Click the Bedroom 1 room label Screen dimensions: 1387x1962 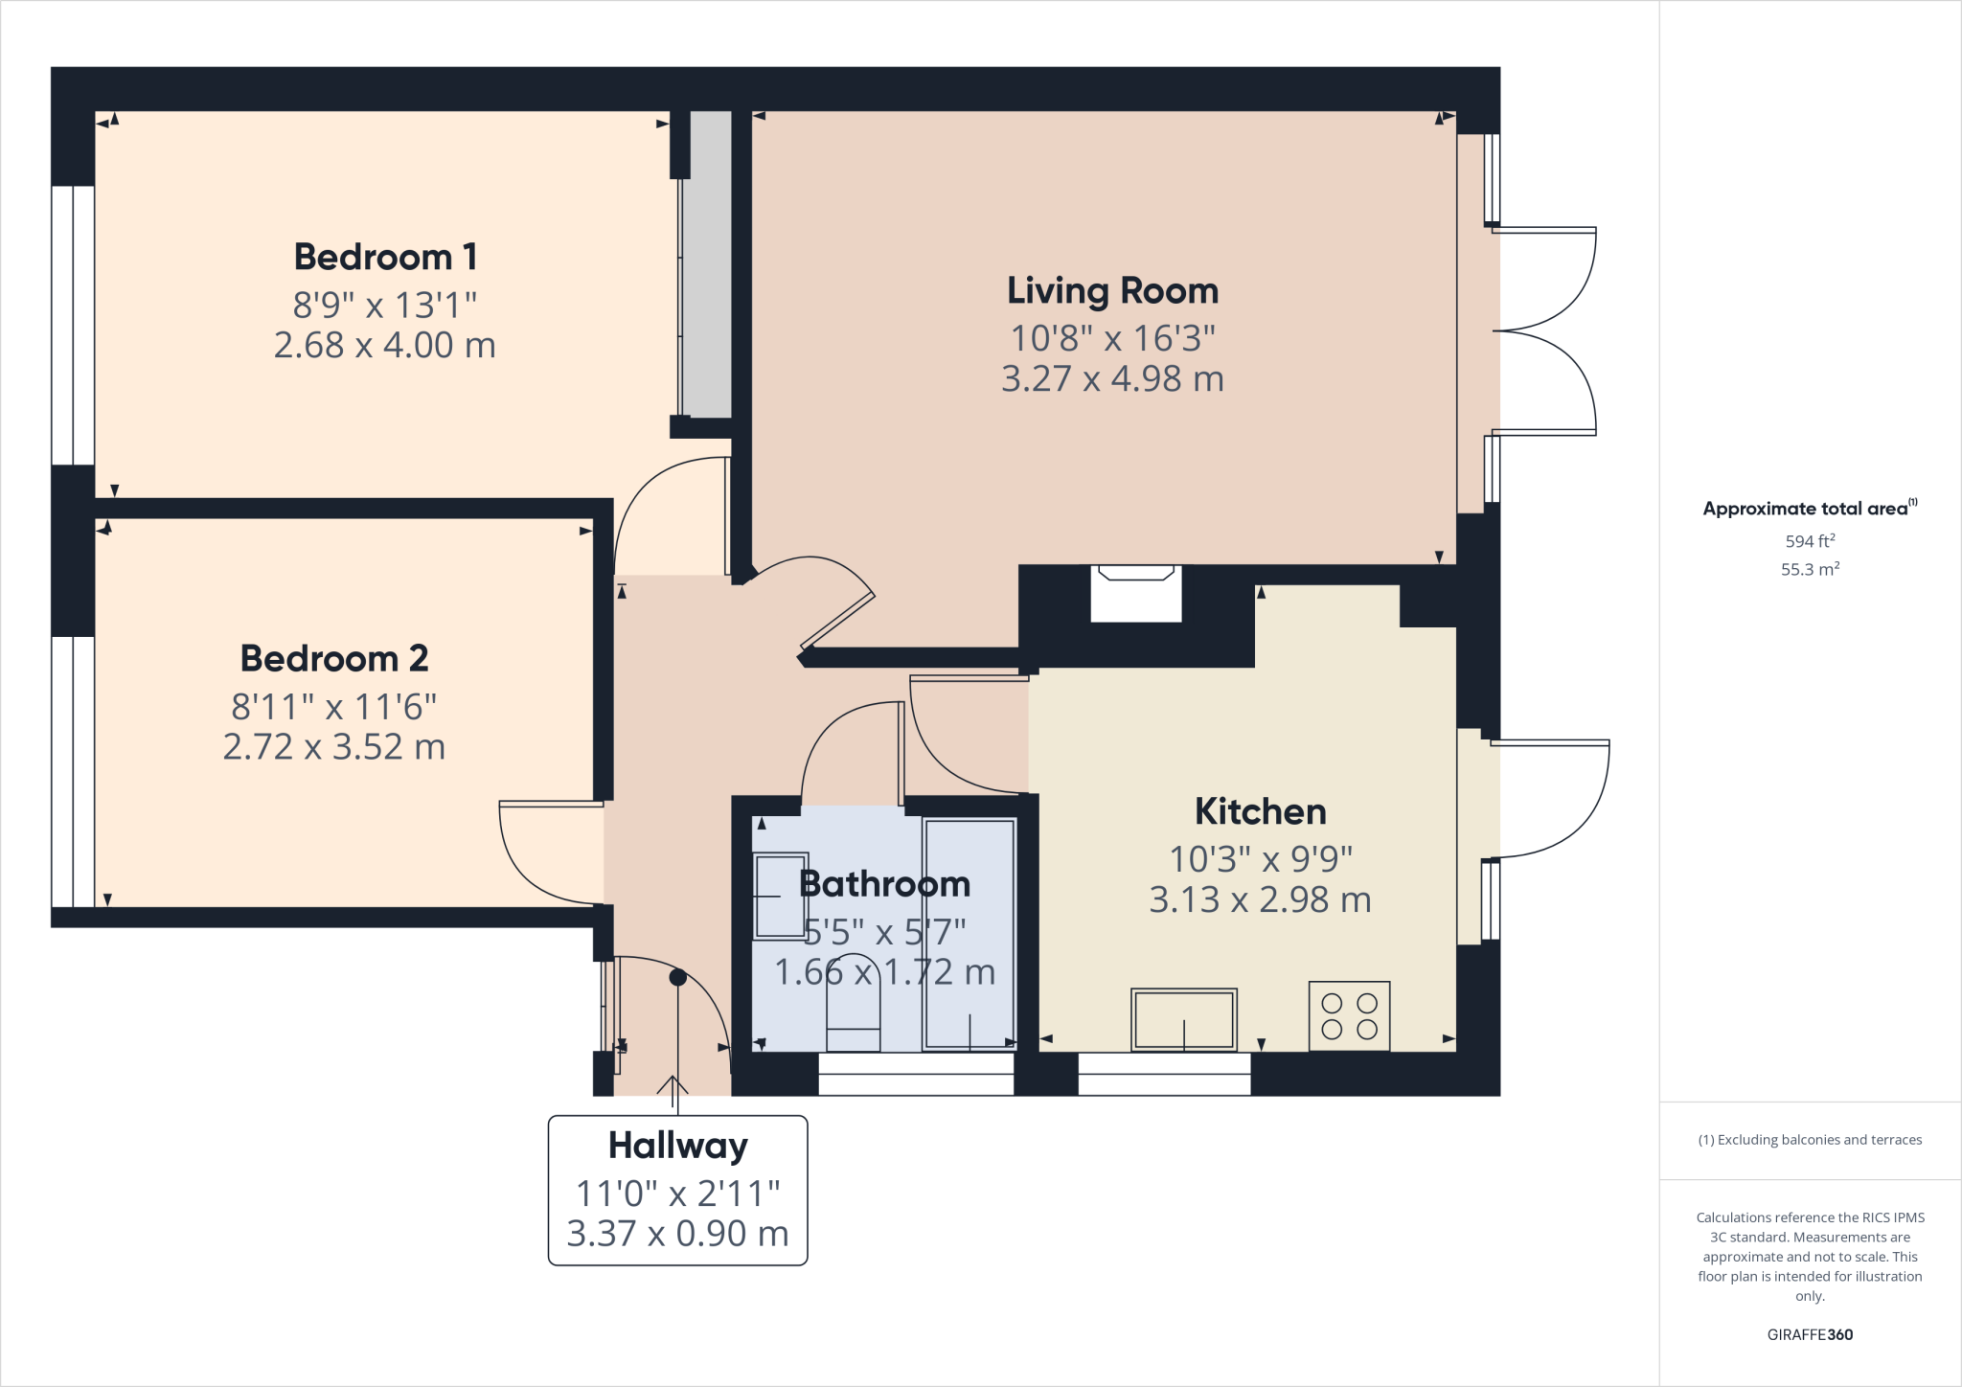point(385,257)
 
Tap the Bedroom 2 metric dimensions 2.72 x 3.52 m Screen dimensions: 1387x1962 point(333,747)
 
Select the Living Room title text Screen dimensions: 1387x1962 point(1112,291)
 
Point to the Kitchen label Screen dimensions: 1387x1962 point(1260,812)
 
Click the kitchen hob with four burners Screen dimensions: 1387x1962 point(1349,1016)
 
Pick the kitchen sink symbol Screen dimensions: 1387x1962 point(1184,1020)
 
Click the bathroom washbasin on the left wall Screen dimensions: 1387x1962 point(780,896)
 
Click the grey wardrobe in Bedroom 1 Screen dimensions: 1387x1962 point(707,264)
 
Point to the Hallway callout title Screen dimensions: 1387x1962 point(677,1146)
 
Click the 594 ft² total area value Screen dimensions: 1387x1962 point(1810,541)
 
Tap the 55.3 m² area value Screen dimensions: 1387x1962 point(1810,569)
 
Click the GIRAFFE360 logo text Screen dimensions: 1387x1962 point(1810,1334)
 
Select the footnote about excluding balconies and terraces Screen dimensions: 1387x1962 point(1810,1140)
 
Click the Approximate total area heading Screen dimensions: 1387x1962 point(1805,509)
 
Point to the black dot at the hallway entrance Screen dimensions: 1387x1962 point(677,978)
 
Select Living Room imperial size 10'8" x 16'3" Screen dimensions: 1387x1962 point(1112,338)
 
